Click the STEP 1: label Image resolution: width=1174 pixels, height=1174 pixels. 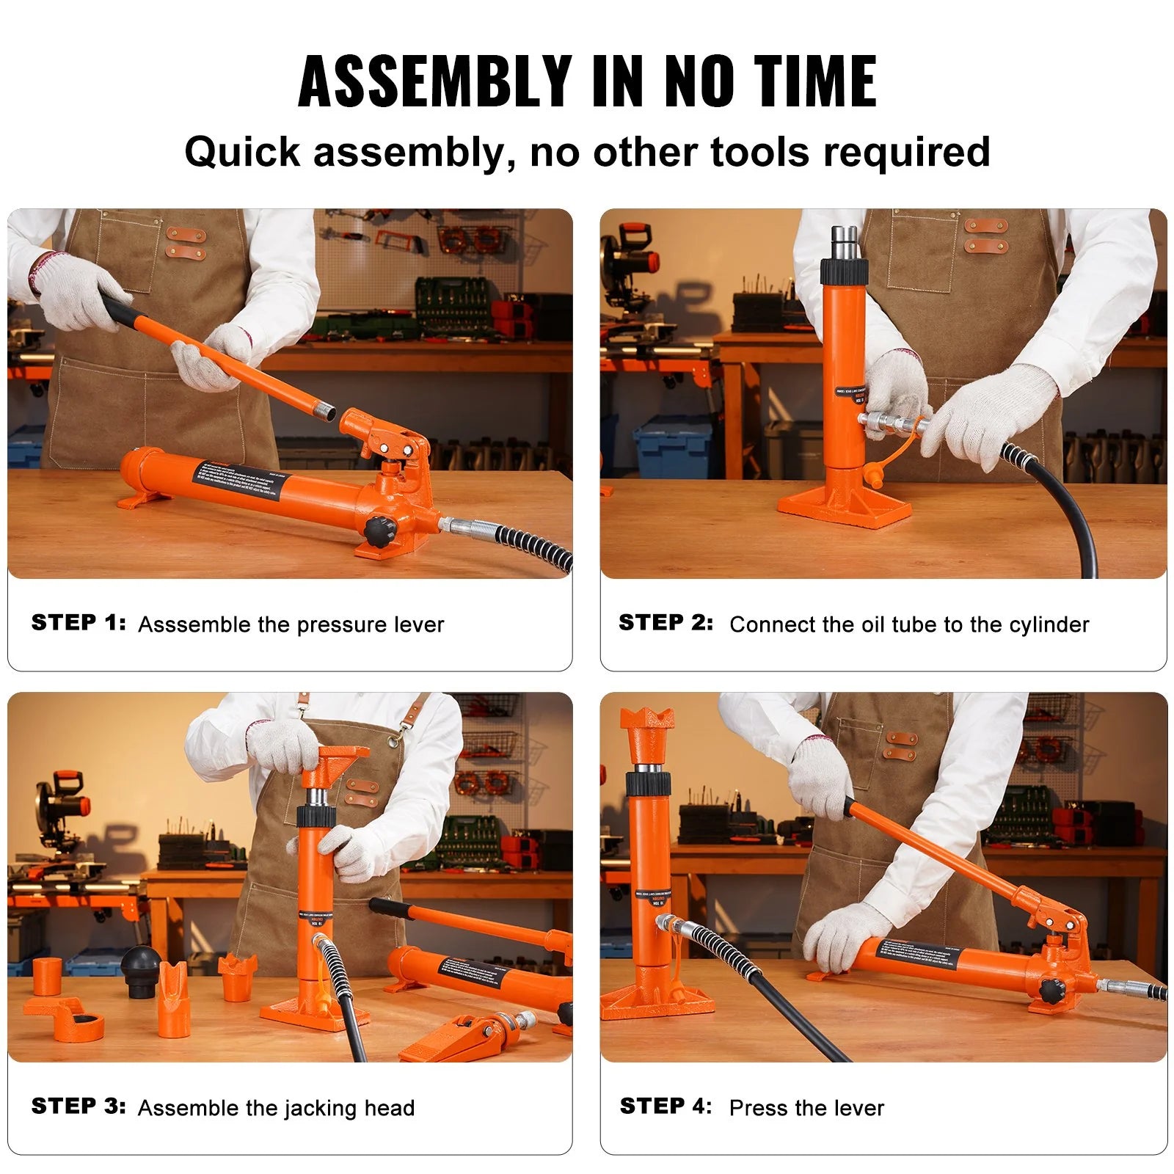click(79, 623)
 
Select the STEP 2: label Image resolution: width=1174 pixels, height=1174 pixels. click(666, 623)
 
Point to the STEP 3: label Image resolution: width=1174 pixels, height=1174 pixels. click(79, 1106)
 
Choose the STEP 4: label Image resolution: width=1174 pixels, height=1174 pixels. click(666, 1106)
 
